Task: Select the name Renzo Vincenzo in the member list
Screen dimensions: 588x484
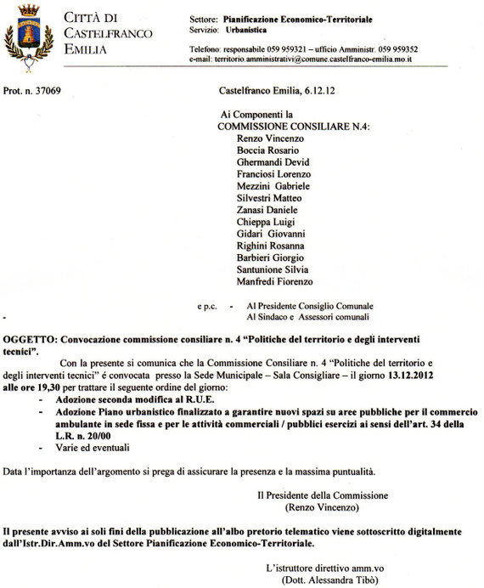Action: point(266,138)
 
